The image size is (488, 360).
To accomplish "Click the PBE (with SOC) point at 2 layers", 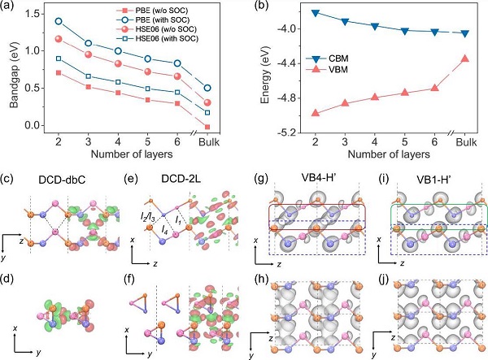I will pyautogui.click(x=58, y=21).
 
